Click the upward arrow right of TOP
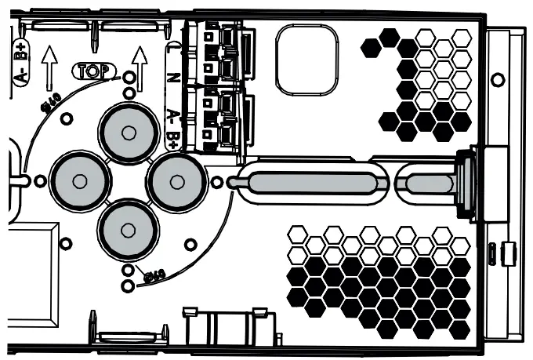pyautogui.click(x=140, y=64)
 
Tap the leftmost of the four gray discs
pyautogui.click(x=79, y=181)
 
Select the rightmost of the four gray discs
pyautogui.click(x=177, y=181)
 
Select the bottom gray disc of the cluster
pyautogui.click(x=128, y=230)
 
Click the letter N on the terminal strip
pyautogui.click(x=174, y=79)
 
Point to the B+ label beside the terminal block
pyautogui.click(x=174, y=140)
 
